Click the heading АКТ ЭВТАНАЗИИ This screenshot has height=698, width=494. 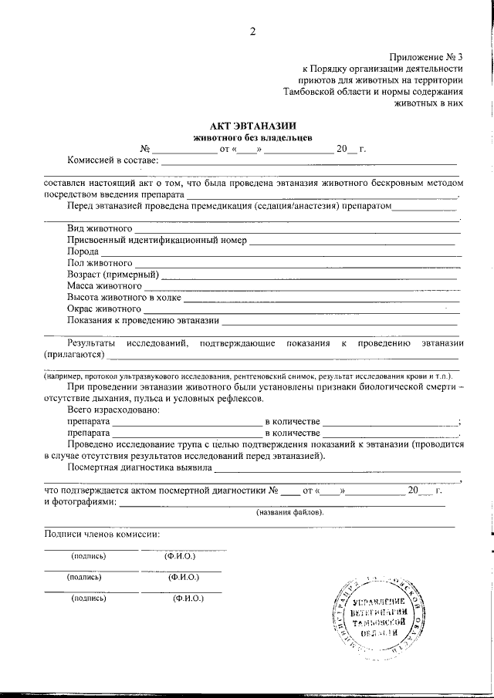pyautogui.click(x=252, y=126)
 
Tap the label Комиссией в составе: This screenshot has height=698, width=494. pyautogui.click(x=113, y=160)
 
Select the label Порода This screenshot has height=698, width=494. pyautogui.click(x=83, y=252)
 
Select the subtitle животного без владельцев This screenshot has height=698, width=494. pyautogui.click(x=252, y=137)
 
